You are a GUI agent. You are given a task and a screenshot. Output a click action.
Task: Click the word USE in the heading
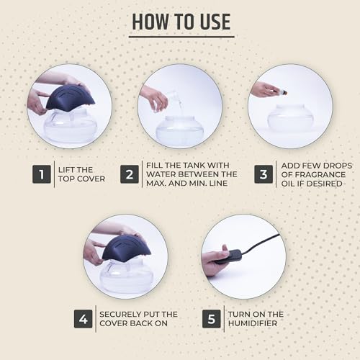215,22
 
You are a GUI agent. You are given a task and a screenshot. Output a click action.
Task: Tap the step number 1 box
42,174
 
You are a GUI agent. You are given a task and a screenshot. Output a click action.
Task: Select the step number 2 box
130,174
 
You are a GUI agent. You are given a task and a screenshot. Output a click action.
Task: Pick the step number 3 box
264,174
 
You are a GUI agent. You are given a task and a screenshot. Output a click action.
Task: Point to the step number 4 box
83,319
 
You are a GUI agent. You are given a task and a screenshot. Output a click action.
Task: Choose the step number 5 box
212,319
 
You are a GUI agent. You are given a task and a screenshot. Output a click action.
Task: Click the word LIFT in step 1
65,170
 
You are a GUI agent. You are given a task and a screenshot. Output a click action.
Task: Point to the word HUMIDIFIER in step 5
253,323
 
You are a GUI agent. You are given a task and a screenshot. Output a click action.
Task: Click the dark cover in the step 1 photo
71,98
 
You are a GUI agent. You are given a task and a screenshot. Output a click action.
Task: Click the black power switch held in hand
228,257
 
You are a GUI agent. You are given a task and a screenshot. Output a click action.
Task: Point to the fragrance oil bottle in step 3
279,91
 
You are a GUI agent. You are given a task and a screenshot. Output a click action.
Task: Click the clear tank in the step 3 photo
291,117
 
